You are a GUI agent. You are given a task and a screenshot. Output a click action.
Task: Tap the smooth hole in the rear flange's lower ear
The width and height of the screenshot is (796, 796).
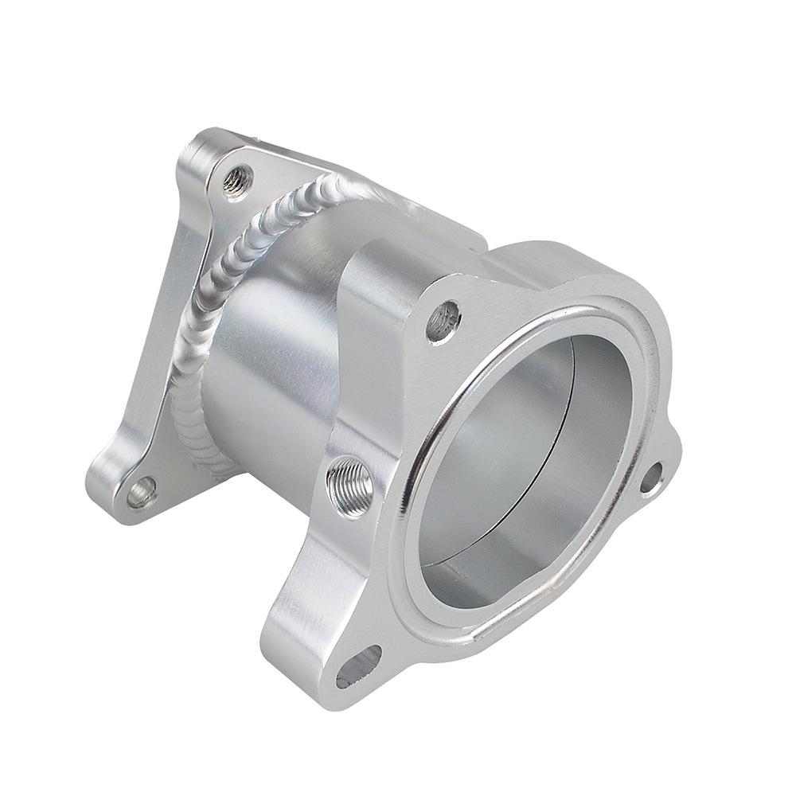[x=142, y=492]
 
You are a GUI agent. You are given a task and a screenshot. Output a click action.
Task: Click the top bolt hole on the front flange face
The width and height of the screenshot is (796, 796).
[x=443, y=321]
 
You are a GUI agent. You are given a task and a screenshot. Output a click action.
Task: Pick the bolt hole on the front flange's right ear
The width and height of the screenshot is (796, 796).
[x=650, y=478]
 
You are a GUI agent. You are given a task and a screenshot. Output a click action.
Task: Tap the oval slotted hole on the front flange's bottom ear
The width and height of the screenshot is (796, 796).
[x=358, y=666]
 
